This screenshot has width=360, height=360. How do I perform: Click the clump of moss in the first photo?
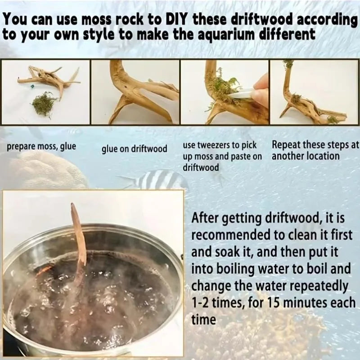coord(44,104)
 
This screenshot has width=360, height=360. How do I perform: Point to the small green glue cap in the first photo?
coord(32,86)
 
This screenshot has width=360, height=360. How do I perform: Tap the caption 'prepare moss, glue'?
coord(41,147)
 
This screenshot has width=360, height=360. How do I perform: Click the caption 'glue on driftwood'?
coord(134,149)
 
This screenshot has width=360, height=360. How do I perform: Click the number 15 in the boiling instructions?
coord(274,303)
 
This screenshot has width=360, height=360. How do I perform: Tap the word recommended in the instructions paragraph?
coord(231,235)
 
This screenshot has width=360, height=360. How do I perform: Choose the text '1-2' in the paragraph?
coord(200,303)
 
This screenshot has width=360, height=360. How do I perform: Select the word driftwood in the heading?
coord(262,20)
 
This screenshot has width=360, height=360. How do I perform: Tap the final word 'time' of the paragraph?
coord(204,320)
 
